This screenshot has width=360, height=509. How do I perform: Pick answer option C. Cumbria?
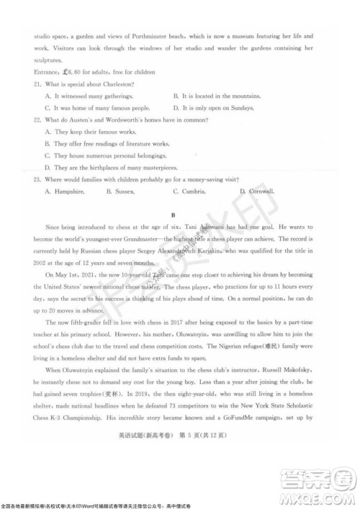(x=190, y=191)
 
